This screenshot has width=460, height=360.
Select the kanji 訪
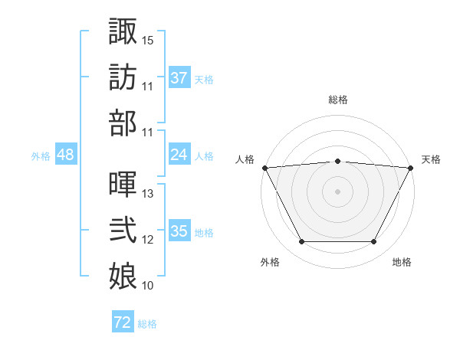click(x=123, y=77)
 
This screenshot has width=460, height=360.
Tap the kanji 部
click(x=123, y=123)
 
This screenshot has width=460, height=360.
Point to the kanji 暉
click(x=123, y=184)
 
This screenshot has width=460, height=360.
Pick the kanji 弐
click(x=123, y=231)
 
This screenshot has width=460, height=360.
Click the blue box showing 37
click(x=179, y=77)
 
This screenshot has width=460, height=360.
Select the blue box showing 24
click(x=179, y=155)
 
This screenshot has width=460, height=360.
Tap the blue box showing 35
click(x=179, y=231)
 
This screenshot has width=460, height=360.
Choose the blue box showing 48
click(x=66, y=155)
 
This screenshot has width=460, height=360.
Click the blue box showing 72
click(x=123, y=322)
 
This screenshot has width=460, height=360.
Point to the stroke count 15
click(x=148, y=39)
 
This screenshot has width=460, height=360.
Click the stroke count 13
click(x=148, y=194)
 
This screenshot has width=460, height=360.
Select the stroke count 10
click(x=148, y=286)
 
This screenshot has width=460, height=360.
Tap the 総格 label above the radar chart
click(x=337, y=100)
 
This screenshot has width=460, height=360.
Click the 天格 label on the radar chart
click(x=431, y=159)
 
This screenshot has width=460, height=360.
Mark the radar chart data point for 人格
click(x=264, y=167)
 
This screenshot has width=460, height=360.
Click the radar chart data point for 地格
click(x=374, y=242)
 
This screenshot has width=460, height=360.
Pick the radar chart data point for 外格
click(x=301, y=242)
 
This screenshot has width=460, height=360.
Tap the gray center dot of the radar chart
click(x=337, y=191)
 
